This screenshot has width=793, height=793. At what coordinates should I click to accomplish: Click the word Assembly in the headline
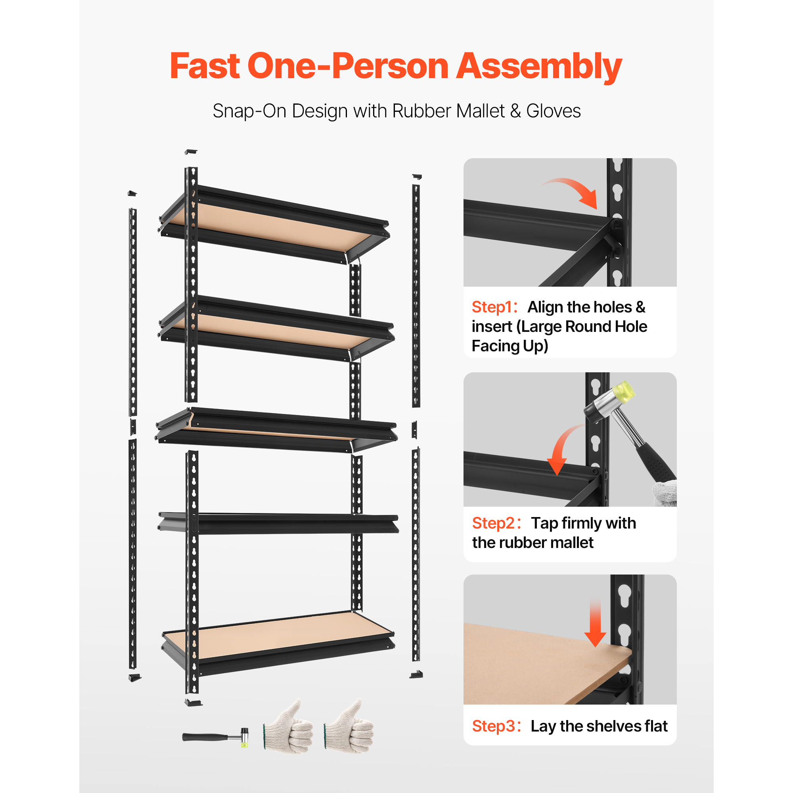(539, 67)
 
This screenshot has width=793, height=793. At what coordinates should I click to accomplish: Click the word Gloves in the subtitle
(553, 111)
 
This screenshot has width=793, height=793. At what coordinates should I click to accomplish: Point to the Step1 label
(494, 307)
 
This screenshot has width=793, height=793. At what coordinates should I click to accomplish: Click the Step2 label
(496, 523)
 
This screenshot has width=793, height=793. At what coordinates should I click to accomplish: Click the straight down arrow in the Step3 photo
(595, 623)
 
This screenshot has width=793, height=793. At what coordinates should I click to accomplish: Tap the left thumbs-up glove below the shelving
(288, 726)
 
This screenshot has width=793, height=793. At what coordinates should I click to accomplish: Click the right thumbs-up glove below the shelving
(349, 726)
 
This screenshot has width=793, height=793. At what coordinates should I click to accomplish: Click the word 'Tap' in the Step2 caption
(545, 524)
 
